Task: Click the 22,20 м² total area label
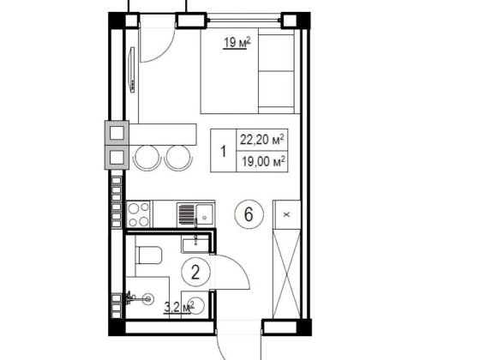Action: tap(262, 140)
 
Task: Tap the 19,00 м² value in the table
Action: tap(264, 161)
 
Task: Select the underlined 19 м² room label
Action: tap(237, 43)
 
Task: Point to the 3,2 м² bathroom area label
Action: tap(179, 307)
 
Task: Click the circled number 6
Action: tap(249, 213)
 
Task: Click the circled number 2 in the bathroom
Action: tap(195, 272)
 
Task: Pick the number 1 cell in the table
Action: tap(224, 151)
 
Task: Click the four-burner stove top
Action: tap(138, 214)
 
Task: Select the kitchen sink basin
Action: tap(205, 214)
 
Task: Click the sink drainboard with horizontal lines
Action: tap(186, 214)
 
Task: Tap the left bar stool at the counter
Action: tap(147, 157)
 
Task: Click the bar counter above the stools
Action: tap(163, 135)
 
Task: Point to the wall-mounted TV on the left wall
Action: tap(132, 69)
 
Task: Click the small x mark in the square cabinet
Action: tap(287, 214)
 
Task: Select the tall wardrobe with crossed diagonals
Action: tap(286, 273)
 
